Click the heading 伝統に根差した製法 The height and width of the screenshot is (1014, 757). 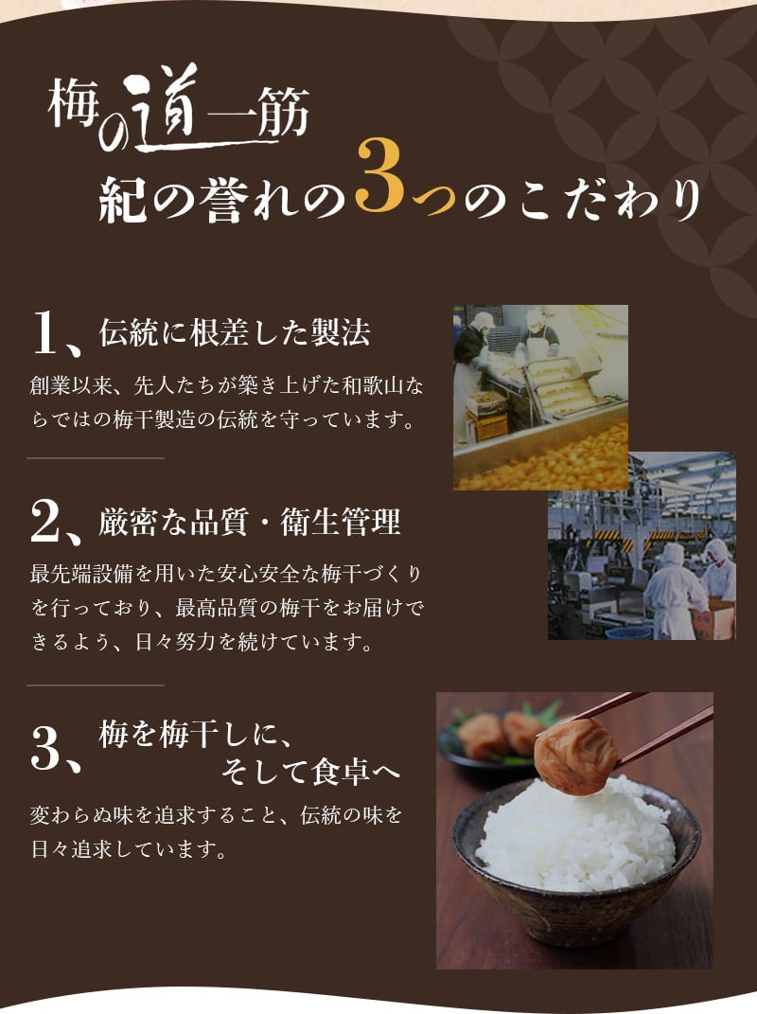(x=235, y=333)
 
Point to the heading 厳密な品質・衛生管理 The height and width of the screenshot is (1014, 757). (x=250, y=522)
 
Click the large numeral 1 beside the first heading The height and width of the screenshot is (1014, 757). (x=46, y=332)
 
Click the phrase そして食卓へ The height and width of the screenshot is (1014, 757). (x=310, y=772)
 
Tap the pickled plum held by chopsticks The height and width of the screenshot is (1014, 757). (x=574, y=756)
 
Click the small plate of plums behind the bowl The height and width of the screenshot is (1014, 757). (x=491, y=738)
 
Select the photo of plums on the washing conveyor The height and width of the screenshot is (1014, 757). (x=540, y=397)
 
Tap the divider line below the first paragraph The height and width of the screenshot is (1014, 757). (x=95, y=458)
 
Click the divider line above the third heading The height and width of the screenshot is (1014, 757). (x=95, y=685)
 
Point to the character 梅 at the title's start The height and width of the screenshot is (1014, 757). (x=73, y=103)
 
